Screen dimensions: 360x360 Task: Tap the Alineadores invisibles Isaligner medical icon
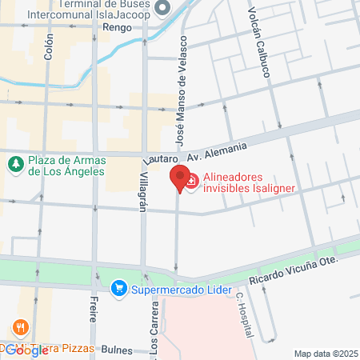[x=192, y=184]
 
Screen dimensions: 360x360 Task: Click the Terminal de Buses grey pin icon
[x=163, y=8]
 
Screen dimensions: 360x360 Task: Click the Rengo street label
[x=117, y=26]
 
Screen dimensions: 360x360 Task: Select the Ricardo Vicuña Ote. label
[x=293, y=267]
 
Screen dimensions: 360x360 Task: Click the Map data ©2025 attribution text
[x=325, y=354]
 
